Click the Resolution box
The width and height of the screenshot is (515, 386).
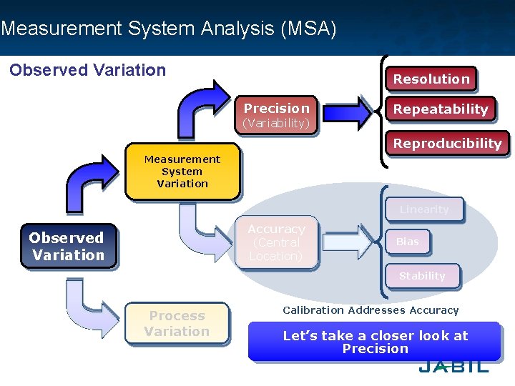tap(431, 79)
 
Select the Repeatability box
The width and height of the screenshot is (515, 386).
tap(440, 109)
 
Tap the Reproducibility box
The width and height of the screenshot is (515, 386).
tap(447, 143)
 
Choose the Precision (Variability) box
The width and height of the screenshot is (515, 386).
tap(276, 115)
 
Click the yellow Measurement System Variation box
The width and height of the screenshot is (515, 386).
tap(182, 172)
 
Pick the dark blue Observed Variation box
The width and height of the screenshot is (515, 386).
tap(68, 247)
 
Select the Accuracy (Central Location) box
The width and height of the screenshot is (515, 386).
tap(276, 242)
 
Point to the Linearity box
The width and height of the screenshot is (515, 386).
tap(424, 209)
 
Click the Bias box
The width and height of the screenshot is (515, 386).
tap(408, 242)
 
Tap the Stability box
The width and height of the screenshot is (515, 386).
tap(422, 276)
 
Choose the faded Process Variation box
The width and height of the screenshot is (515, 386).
tap(177, 324)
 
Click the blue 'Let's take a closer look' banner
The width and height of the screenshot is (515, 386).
tap(375, 342)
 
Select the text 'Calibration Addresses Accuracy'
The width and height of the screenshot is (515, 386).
tap(371, 310)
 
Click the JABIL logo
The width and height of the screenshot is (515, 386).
tap(453, 366)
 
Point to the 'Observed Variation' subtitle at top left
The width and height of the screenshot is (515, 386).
tap(87, 70)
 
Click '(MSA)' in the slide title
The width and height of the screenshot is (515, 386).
tap(309, 29)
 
